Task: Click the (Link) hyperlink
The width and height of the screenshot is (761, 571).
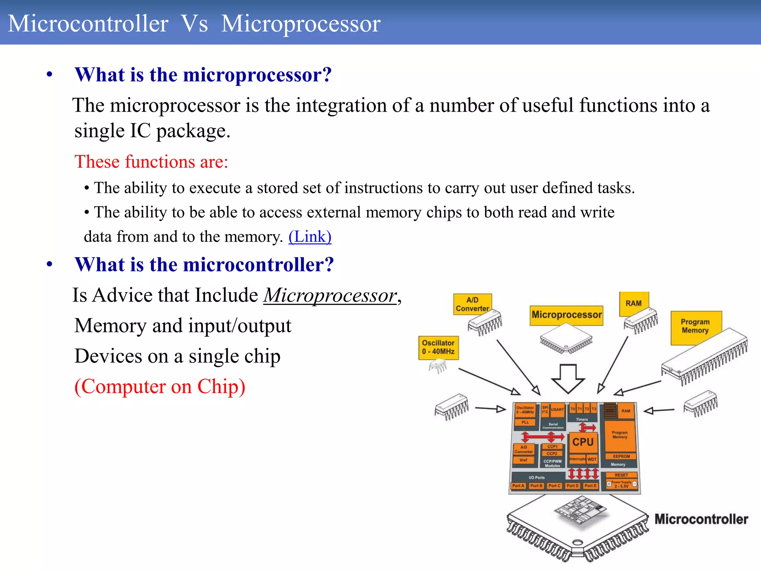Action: click(x=310, y=237)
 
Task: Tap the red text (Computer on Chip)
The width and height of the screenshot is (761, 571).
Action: click(x=160, y=387)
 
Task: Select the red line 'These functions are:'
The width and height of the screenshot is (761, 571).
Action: click(x=151, y=162)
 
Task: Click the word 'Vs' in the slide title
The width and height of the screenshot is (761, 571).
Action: click(x=194, y=23)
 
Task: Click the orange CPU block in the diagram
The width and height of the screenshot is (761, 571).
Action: click(x=583, y=442)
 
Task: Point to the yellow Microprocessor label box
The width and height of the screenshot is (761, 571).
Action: click(x=566, y=315)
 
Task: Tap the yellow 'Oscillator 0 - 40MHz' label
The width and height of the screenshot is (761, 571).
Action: click(x=438, y=348)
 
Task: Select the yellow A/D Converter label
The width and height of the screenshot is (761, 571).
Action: click(x=472, y=304)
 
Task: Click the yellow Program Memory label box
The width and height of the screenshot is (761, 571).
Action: click(x=695, y=326)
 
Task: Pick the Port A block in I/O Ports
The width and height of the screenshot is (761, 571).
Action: click(x=518, y=486)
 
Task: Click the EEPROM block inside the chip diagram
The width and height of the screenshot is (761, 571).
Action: click(x=621, y=456)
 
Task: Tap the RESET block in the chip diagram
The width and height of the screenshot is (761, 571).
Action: click(x=621, y=475)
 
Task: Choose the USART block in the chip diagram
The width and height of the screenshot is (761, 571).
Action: click(x=557, y=409)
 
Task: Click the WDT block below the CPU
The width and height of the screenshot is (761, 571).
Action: click(x=592, y=459)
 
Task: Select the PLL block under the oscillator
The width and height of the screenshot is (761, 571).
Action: click(x=525, y=422)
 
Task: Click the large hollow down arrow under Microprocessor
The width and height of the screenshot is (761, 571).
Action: click(x=568, y=378)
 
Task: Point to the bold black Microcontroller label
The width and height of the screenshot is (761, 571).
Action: click(x=701, y=519)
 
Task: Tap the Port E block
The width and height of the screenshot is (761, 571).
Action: click(x=590, y=486)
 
